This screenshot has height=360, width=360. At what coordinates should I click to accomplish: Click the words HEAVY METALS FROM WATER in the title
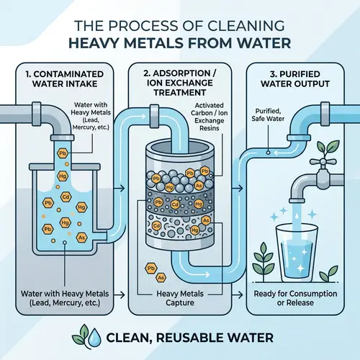(x=180, y=42)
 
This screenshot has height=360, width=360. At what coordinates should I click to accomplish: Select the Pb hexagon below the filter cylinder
(x=151, y=268)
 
